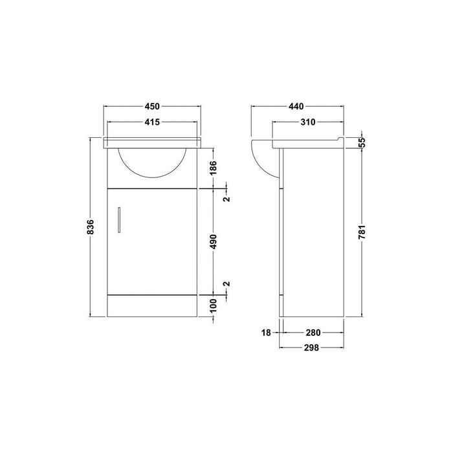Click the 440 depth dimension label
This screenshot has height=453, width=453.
pyautogui.click(x=298, y=106)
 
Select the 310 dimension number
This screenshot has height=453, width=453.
pyautogui.click(x=307, y=122)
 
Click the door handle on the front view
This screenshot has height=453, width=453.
pyautogui.click(x=119, y=218)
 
